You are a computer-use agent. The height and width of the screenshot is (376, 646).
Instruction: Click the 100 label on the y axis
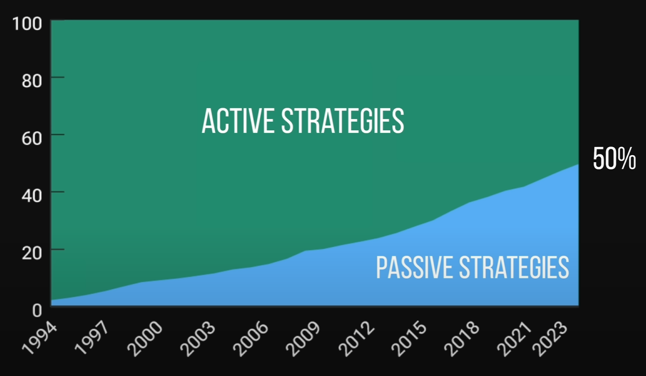[x=27, y=24]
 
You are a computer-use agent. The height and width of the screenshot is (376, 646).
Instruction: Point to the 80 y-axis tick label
[x=32, y=81]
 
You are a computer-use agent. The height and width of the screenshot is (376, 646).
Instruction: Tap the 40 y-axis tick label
[x=32, y=195]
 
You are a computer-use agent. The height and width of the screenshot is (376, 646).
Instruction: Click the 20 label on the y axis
[x=32, y=253]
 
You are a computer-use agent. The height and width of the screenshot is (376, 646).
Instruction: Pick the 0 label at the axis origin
[x=37, y=311]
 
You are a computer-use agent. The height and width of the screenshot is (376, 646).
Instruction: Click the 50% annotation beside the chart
[x=614, y=158]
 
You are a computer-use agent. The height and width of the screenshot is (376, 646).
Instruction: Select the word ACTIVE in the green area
[x=238, y=121]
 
